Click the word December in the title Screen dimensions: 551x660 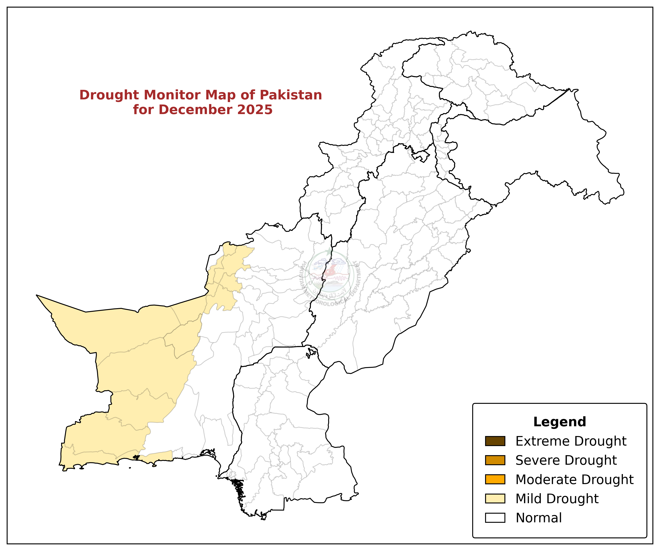click(x=195, y=110)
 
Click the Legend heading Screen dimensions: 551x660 click(x=559, y=422)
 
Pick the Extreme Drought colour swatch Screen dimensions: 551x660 click(x=495, y=441)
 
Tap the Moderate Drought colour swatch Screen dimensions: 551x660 click(x=495, y=480)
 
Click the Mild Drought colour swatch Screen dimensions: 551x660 click(x=495, y=499)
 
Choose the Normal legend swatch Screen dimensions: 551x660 click(x=495, y=518)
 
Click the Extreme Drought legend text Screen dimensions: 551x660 click(x=571, y=441)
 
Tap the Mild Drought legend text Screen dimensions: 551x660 click(x=557, y=499)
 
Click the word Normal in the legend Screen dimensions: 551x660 click(x=539, y=518)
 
